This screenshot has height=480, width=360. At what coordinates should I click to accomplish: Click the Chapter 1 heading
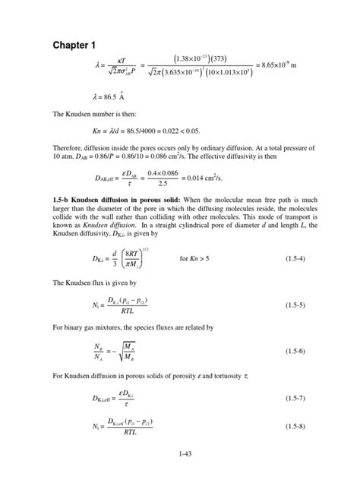pyautogui.click(x=75, y=47)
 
